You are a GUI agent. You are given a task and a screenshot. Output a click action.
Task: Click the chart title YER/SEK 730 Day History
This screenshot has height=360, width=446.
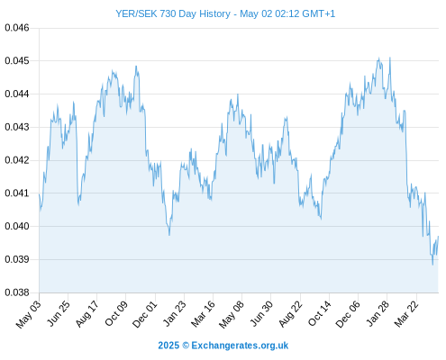[x=173, y=13]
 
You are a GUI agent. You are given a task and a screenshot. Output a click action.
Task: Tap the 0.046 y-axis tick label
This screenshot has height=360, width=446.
[x=17, y=28]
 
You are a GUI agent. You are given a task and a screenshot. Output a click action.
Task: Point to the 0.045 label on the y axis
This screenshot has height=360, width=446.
[x=17, y=61]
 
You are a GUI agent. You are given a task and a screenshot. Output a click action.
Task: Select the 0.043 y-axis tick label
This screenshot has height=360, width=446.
[x=17, y=127]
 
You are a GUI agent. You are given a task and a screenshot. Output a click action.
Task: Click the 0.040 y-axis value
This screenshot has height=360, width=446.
[x=17, y=226]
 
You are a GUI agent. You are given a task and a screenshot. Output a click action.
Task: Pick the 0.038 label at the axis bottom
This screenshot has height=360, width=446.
[x=17, y=292]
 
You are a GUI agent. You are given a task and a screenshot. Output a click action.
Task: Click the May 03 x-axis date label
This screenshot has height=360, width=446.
[x=28, y=314]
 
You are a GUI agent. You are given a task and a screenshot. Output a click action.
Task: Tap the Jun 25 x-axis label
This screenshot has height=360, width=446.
[x=59, y=313]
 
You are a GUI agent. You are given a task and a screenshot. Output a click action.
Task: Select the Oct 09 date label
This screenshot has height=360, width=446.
[x=116, y=313]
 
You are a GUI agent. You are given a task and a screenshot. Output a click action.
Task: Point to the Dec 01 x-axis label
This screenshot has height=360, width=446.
[x=144, y=314]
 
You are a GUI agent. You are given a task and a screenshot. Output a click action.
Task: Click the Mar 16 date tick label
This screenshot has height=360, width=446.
[x=203, y=314]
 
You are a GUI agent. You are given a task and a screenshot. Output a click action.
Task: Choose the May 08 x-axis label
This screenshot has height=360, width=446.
[x=231, y=314]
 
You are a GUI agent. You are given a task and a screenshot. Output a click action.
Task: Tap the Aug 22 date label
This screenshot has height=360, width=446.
[x=290, y=314]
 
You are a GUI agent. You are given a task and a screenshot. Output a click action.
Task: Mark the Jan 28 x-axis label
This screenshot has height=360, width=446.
[x=378, y=314]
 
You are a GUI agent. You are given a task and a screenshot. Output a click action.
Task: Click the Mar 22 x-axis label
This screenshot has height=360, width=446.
[x=406, y=314]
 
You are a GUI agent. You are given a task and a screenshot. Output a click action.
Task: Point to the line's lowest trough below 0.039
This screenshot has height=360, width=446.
[x=432, y=265]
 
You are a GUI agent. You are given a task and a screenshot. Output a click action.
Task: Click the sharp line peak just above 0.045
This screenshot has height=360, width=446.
[x=390, y=58]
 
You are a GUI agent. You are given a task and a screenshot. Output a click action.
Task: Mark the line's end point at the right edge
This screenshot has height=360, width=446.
[x=439, y=237]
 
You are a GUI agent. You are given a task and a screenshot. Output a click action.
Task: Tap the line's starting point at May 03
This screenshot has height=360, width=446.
[x=39, y=194]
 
